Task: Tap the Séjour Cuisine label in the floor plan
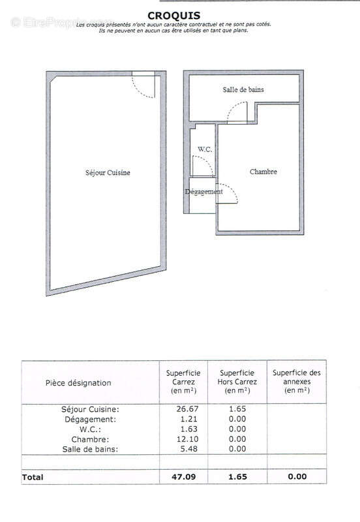[x=108, y=173]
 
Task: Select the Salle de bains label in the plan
[x=243, y=90]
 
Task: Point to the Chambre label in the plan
[x=263, y=172]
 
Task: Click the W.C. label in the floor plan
[x=205, y=149]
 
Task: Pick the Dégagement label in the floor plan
[x=203, y=192]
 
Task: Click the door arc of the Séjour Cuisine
[x=145, y=88]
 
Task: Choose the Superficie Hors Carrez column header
[x=238, y=382]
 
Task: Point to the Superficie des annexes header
[x=297, y=382]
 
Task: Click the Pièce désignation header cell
[x=78, y=383]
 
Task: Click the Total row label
[x=33, y=477]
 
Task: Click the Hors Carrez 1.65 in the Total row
[x=238, y=477]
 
